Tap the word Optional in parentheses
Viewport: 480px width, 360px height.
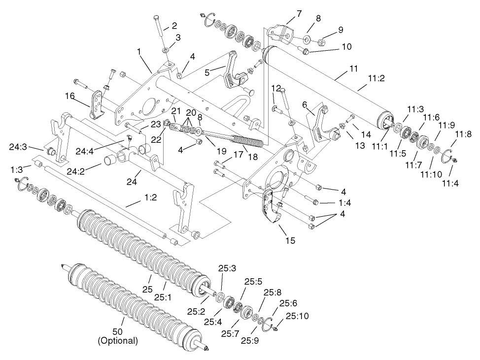coord(118,340)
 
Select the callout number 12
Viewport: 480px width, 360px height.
coord(275,88)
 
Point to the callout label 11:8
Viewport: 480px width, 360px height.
coord(463,134)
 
